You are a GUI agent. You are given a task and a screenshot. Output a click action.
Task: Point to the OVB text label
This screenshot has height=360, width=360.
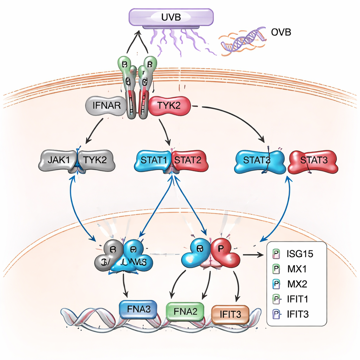point(281,33)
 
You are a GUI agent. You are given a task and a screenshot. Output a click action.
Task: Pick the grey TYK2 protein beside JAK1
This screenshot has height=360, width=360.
point(97,160)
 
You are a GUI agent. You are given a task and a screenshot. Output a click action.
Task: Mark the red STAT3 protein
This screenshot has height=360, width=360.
point(313,161)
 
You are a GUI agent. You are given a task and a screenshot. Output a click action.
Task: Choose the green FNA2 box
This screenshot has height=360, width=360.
point(185,311)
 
